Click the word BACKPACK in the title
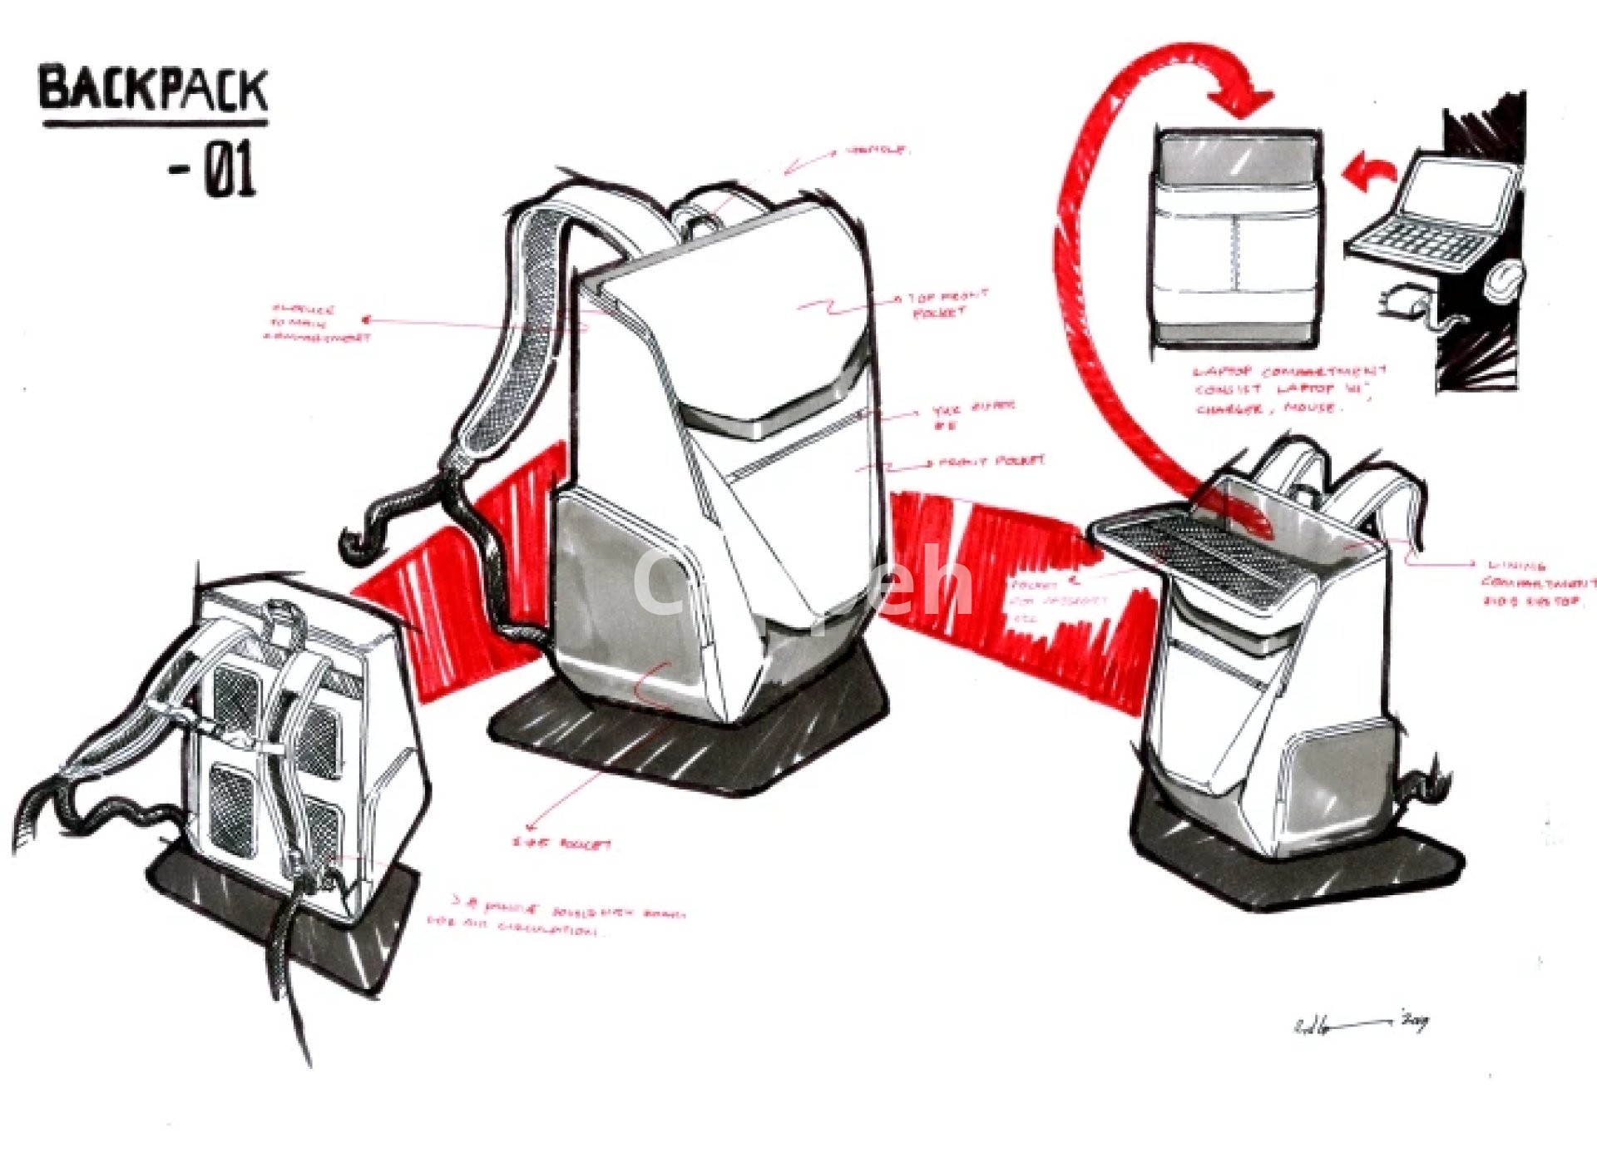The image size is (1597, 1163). click(154, 90)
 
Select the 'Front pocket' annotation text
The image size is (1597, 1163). click(991, 462)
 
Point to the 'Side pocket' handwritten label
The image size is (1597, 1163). click(562, 844)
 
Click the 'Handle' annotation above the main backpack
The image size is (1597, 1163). click(878, 151)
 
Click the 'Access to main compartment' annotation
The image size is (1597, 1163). click(316, 324)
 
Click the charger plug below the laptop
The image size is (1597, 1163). click(1402, 301)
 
